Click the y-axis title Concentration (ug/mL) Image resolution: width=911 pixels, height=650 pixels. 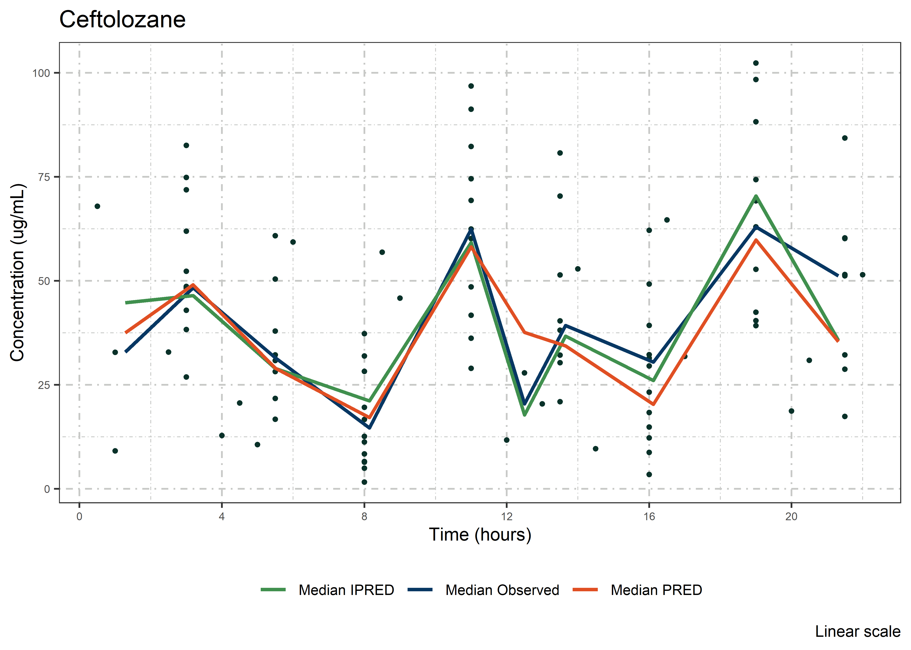click(x=18, y=272)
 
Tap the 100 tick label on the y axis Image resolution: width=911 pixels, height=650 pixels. click(x=41, y=73)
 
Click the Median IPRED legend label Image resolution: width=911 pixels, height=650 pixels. click(x=346, y=590)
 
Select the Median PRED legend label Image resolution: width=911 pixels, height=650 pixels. click(x=656, y=590)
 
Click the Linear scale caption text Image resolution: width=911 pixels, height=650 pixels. click(x=858, y=632)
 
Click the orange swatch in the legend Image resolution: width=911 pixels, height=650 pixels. click(x=585, y=590)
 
